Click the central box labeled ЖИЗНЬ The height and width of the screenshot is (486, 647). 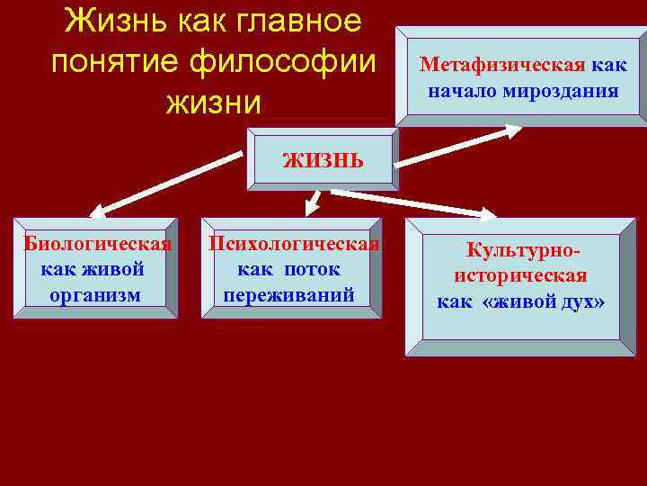pyautogui.click(x=323, y=160)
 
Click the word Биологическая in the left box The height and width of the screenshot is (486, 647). pyautogui.click(x=98, y=244)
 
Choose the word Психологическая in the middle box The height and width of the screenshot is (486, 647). pyautogui.click(x=294, y=244)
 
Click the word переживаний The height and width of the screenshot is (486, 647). pyautogui.click(x=288, y=295)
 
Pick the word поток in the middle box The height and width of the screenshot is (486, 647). pyautogui.click(x=314, y=270)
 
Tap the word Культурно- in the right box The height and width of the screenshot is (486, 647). pyautogui.click(x=521, y=250)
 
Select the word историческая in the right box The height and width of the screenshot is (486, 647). pyautogui.click(x=521, y=275)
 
